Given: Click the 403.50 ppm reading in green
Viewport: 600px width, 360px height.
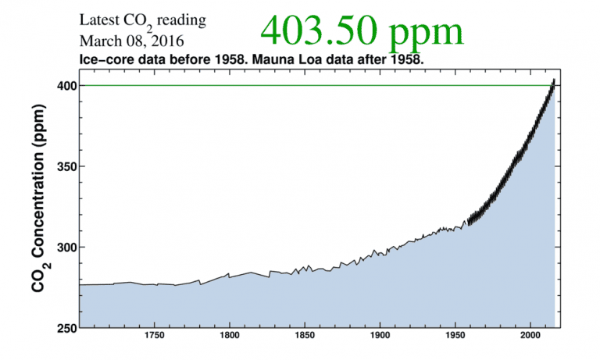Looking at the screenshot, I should click(361, 31).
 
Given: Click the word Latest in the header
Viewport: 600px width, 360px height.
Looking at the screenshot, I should click(98, 20).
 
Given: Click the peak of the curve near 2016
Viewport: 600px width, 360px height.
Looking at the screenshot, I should click(554, 80).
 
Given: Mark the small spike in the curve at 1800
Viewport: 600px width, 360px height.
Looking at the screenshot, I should click(228, 273).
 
